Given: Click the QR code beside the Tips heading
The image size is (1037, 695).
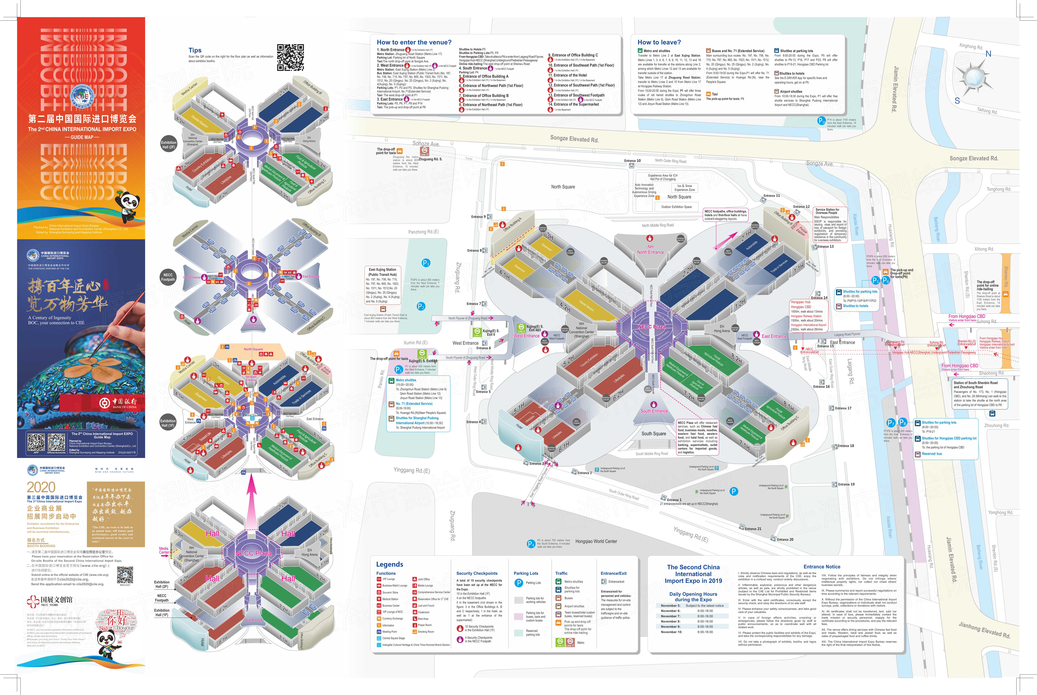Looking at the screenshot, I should click(x=290, y=57).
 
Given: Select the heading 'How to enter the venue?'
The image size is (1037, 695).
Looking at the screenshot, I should click(x=414, y=42).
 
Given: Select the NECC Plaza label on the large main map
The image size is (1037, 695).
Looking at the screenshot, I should click(x=651, y=327).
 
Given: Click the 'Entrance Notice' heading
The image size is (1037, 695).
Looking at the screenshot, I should click(x=821, y=567).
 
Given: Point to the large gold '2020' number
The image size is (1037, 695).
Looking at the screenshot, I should click(x=41, y=487).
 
